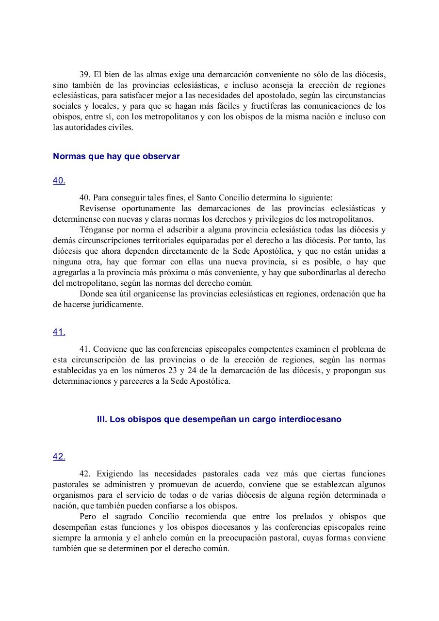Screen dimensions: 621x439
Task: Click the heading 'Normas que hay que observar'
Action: coord(116,156)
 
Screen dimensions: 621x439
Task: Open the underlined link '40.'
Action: coord(59,180)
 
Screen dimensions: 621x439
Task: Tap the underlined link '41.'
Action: coord(59,332)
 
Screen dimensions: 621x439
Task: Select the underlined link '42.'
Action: coord(59,457)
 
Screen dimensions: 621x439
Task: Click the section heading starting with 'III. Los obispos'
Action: coord(219,419)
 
